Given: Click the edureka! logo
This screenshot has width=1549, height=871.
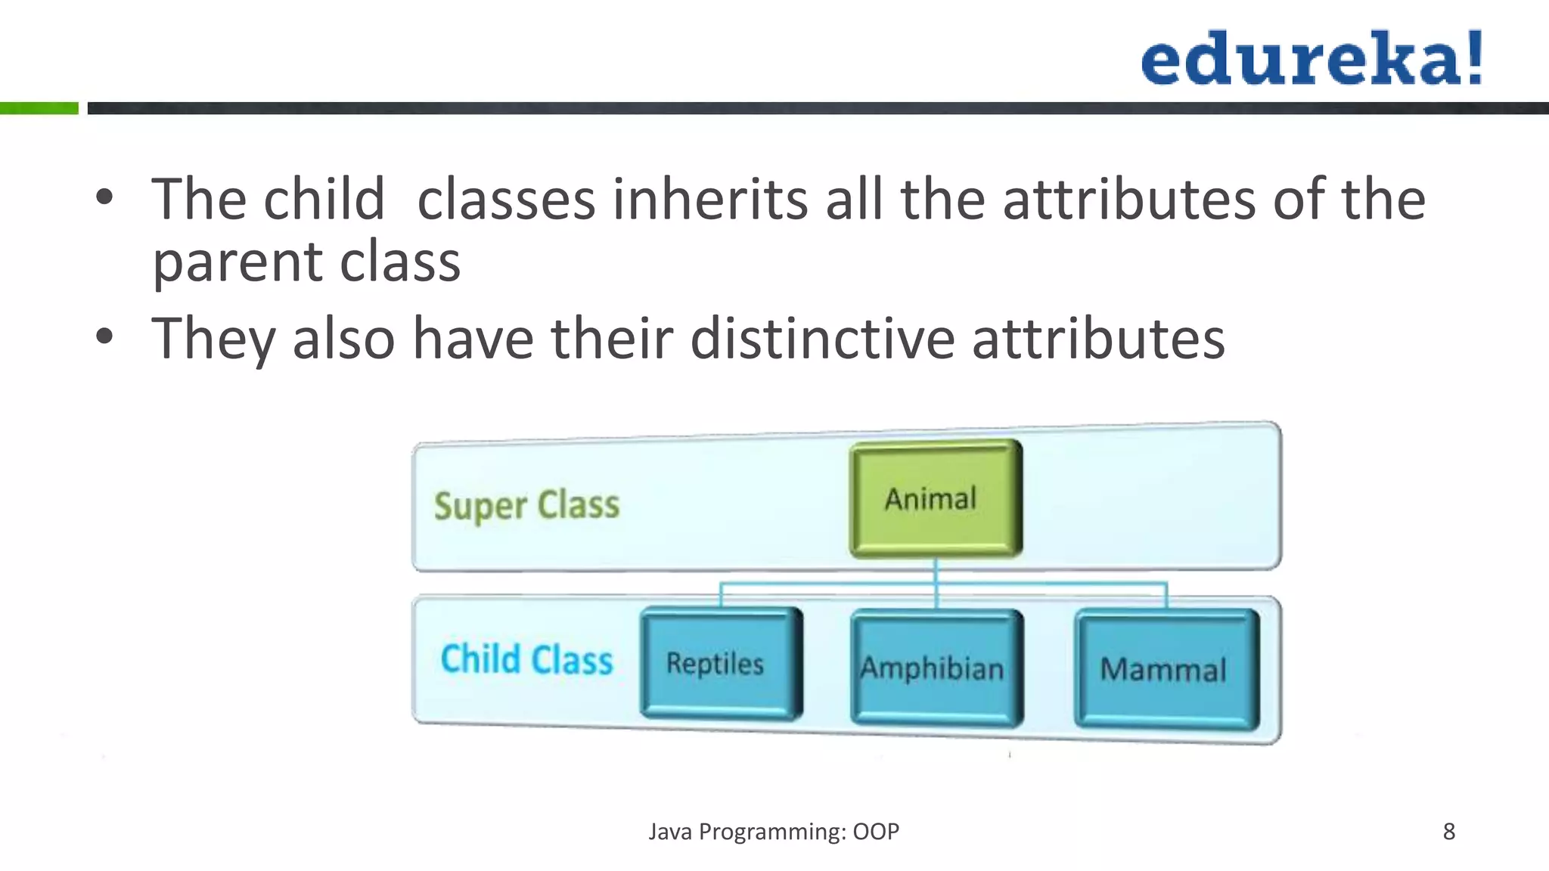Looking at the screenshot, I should point(1311,58).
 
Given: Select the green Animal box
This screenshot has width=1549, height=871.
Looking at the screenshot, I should point(936,499).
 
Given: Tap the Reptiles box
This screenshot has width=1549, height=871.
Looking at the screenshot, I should point(721,663).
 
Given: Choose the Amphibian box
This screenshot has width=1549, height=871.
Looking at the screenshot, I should point(936,668).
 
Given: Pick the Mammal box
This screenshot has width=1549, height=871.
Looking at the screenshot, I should point(1166,669).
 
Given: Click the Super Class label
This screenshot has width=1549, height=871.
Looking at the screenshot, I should point(526,505).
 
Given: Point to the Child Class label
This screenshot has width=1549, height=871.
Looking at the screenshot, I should point(526,659).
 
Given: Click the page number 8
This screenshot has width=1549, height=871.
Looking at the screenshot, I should point(1448,832).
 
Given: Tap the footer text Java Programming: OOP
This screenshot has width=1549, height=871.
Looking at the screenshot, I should point(774,832).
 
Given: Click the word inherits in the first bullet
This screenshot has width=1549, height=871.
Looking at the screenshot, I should point(709,200).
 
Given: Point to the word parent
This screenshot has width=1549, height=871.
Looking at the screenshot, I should point(237,263).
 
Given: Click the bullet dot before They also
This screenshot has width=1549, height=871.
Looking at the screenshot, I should point(104,336).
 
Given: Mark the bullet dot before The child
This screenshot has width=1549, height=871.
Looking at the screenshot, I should point(104,198).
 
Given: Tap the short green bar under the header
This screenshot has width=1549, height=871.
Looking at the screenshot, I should point(39,108).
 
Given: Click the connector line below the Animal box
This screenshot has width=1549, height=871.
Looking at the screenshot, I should point(936,572).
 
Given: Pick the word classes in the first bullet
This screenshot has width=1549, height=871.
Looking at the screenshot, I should point(506,200).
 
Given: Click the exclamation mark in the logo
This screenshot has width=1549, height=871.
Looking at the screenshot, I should point(1473,57).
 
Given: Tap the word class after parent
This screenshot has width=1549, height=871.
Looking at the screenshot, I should point(400,263).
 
